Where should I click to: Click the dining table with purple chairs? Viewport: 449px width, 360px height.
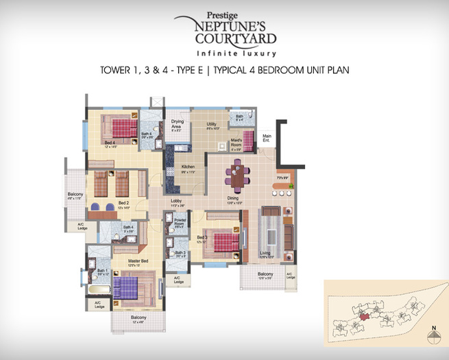click(237, 175)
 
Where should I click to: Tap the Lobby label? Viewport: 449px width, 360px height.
click(177, 201)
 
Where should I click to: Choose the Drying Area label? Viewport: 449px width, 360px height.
click(176, 125)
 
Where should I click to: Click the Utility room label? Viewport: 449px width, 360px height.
click(213, 125)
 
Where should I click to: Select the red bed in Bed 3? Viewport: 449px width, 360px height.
click(225, 241)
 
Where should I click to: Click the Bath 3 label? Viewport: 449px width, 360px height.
click(180, 253)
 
